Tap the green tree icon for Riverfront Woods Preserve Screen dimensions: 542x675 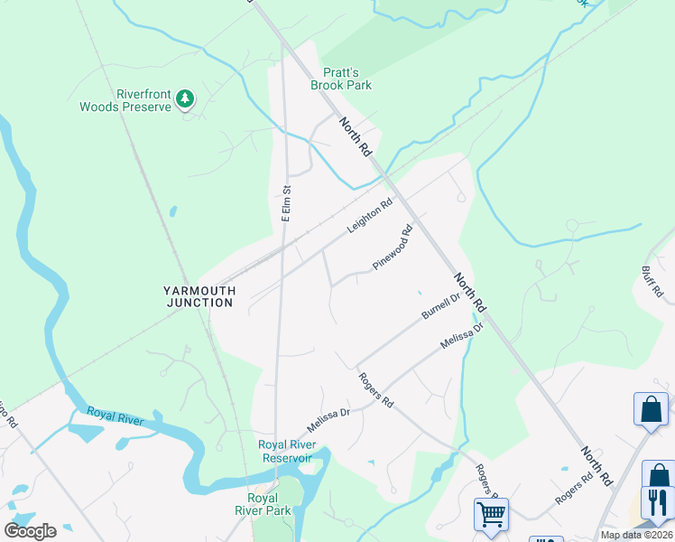[x=185, y=98]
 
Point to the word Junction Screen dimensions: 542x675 [x=200, y=303]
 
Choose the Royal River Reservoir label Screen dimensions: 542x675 [x=285, y=451]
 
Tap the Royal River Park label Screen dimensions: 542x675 [x=270, y=504]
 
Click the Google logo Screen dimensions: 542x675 [x=31, y=531]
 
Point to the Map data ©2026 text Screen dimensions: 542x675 [x=636, y=535]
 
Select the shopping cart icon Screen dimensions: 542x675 [x=491, y=514]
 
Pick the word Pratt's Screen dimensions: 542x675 [x=341, y=72]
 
